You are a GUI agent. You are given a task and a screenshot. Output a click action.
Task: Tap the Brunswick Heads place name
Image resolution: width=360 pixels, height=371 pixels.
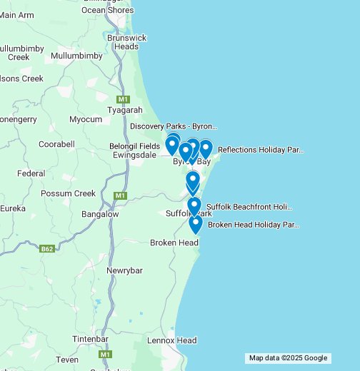click(126, 42)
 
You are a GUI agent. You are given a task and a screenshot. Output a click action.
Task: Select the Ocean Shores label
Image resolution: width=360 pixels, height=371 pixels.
click(107, 10)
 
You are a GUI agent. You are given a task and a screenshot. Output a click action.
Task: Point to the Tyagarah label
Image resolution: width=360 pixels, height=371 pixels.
click(125, 111)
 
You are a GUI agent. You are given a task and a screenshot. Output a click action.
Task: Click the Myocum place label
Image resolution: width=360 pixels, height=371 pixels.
click(85, 119)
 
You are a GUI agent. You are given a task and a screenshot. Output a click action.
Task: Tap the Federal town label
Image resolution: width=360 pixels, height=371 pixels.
click(31, 173)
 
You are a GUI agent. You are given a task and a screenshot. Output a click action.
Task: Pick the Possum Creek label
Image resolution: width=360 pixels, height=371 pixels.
click(68, 193)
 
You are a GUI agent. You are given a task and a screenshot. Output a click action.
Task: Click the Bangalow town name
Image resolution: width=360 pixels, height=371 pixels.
click(100, 214)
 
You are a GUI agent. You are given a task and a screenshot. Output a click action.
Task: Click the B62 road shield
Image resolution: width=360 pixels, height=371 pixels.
click(47, 249)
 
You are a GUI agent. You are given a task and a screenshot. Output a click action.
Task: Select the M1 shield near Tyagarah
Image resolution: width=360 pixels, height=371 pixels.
click(123, 98)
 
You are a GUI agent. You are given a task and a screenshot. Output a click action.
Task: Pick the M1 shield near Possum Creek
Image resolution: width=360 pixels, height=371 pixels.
click(119, 195)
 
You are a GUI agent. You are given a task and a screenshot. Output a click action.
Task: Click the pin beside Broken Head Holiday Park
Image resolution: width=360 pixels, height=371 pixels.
click(196, 224)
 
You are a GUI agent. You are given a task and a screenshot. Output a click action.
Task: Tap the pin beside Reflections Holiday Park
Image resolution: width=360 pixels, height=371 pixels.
click(206, 148)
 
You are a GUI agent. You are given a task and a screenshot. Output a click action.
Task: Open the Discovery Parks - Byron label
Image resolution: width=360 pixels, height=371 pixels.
click(173, 126)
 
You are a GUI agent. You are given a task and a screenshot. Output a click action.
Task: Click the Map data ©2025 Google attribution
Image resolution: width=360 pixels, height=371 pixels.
click(288, 358)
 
